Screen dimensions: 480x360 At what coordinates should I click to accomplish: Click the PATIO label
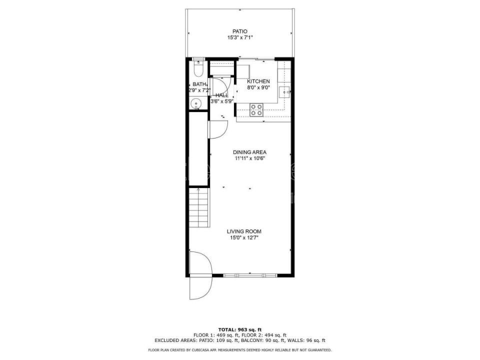240,31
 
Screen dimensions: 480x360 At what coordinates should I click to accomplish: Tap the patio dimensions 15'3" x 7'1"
240,37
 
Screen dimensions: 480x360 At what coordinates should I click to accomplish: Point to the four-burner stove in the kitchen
256,110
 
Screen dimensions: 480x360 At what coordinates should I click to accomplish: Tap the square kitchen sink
285,91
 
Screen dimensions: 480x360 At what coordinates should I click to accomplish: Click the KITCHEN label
258,81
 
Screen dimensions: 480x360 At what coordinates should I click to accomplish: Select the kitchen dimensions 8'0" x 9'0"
258,87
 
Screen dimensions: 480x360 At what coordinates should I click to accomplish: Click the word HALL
222,95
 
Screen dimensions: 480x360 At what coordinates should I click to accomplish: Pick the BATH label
199,84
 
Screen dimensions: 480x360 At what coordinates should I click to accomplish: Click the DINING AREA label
250,152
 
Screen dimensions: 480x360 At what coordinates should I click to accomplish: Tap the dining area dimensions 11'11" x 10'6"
250,158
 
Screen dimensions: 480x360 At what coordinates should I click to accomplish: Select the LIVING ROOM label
244,231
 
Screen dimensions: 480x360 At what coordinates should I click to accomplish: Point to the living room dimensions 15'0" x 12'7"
244,238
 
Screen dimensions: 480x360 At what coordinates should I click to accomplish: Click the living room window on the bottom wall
250,275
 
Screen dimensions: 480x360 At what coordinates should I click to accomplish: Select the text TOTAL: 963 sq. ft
240,329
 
